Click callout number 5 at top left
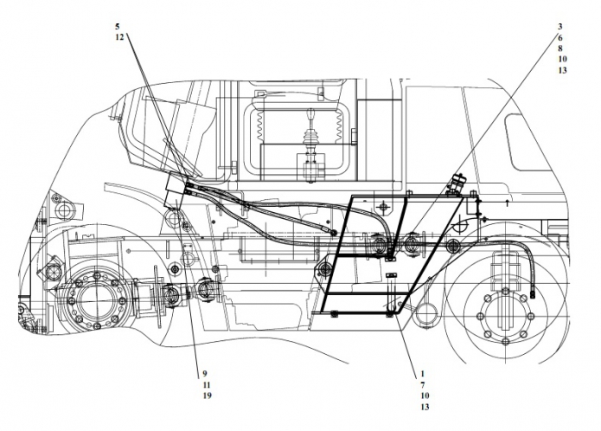(118, 27)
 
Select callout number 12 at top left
(119, 37)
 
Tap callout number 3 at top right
(560, 27)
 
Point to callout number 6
(560, 37)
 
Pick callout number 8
(560, 48)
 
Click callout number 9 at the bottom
(205, 374)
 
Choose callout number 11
(207, 384)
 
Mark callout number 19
(208, 396)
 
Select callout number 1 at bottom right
(423, 374)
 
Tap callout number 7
(423, 384)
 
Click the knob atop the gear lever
(311, 114)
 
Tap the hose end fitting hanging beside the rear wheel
(532, 294)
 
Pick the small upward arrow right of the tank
(508, 203)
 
